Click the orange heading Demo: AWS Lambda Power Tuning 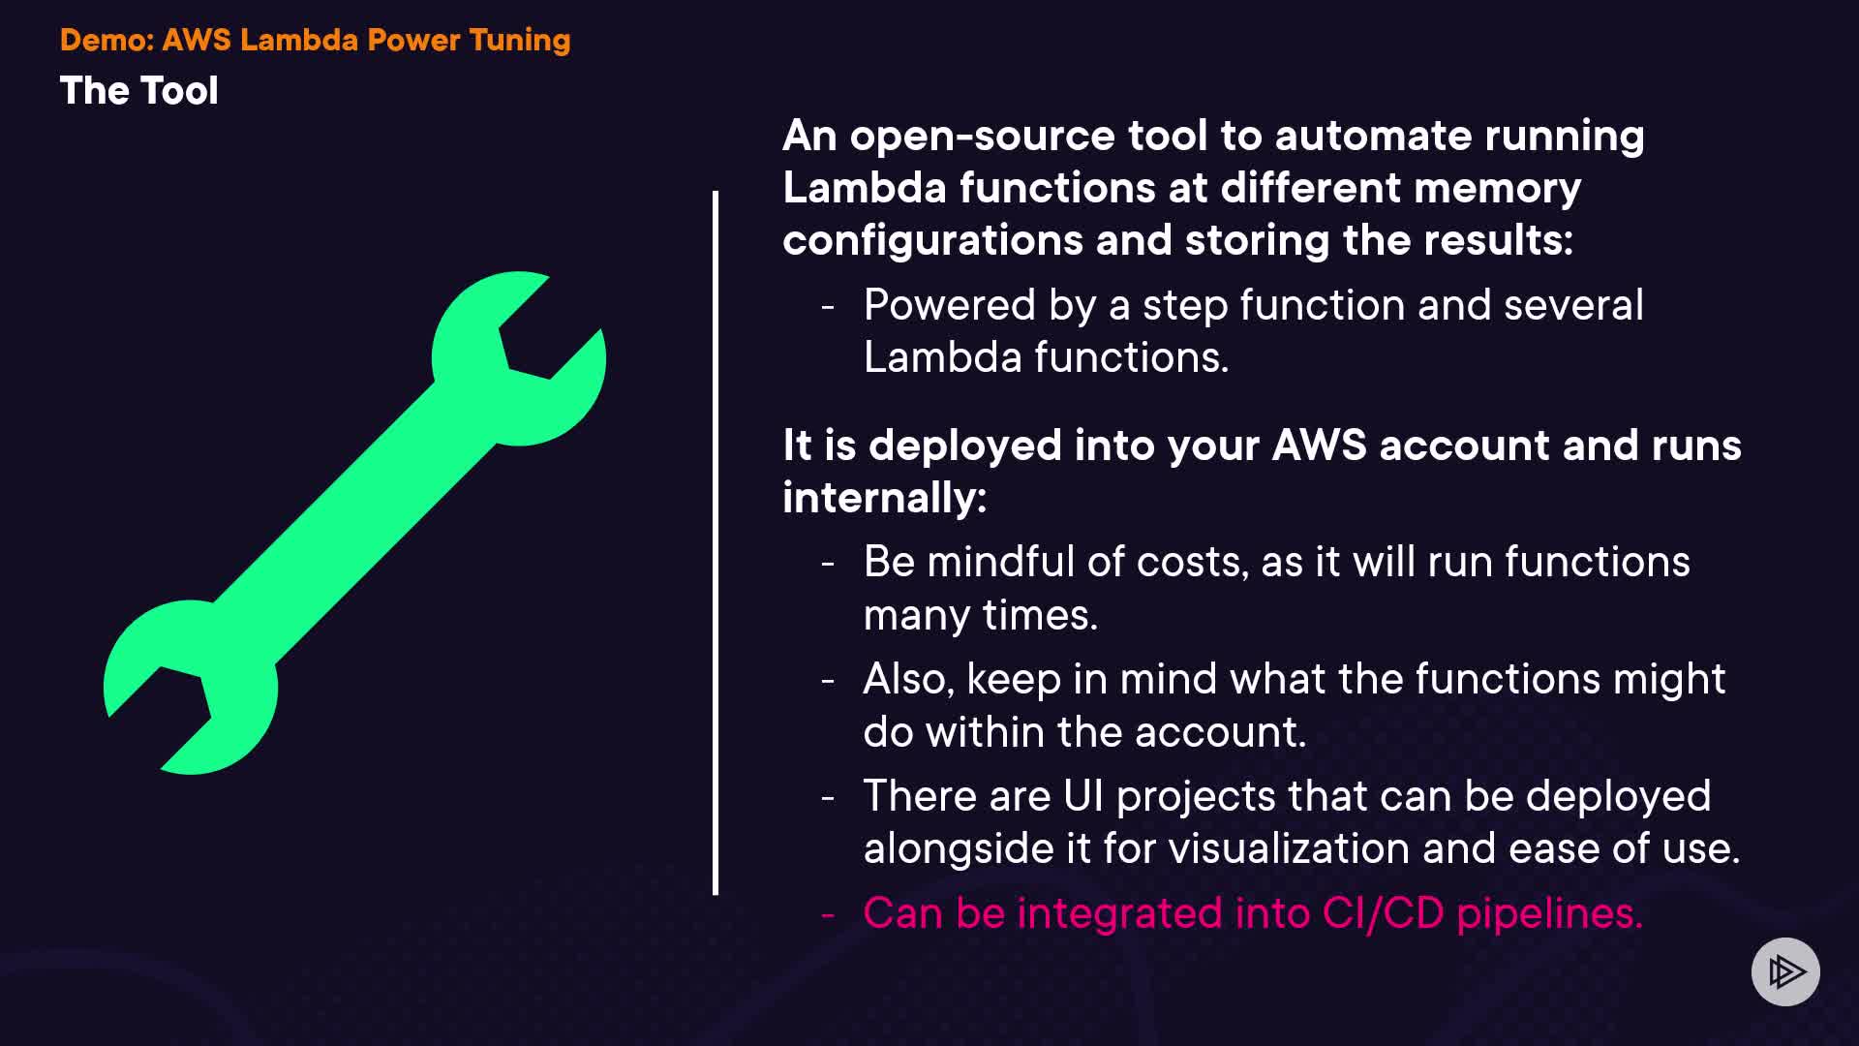tap(315, 40)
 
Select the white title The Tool tap(138, 91)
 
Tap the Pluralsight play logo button tap(1785, 971)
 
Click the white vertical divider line tap(716, 542)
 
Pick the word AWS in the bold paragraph tap(1319, 446)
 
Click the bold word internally tap(883, 498)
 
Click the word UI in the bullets tap(1082, 796)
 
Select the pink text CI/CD tap(1383, 913)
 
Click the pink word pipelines tap(1549, 913)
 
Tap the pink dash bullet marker tap(828, 913)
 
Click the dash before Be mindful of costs tap(828, 563)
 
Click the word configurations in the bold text tap(932, 240)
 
